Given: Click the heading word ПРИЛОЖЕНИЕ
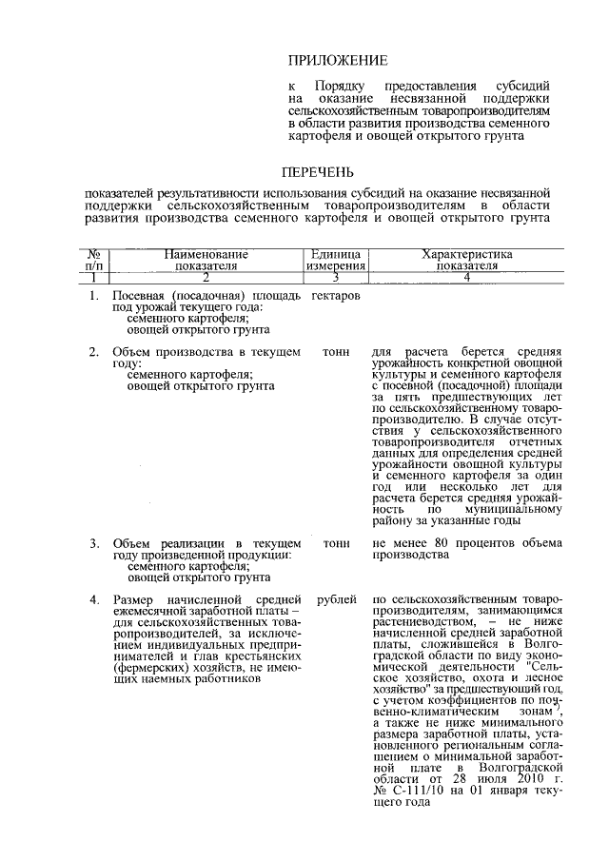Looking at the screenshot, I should coord(337,60).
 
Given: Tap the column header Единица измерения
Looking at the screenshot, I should coord(335,261).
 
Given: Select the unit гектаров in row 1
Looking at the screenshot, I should coord(336,297).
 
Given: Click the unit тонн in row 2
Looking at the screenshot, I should coord(336,351).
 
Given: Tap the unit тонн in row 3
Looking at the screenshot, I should coord(336,543).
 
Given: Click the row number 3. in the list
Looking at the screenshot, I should coord(95,543).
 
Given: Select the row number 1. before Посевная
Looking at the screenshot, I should coord(95,297).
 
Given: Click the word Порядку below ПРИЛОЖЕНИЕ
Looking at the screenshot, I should coord(340,88).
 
